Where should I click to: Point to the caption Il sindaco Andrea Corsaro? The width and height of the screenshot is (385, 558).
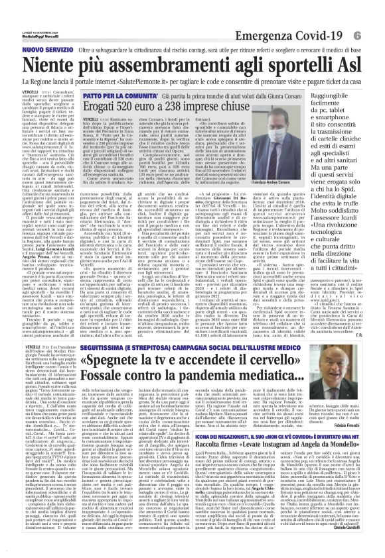292,181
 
